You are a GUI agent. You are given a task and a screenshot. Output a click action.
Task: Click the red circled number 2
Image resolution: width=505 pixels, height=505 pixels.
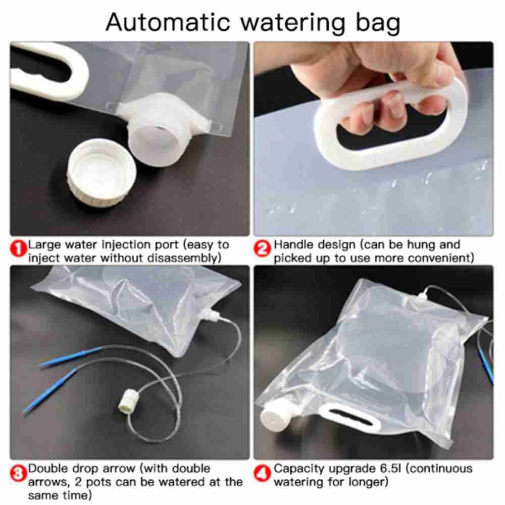tap(263, 248)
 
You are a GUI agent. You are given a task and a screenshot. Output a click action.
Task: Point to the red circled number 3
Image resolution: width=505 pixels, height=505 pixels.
tap(19, 474)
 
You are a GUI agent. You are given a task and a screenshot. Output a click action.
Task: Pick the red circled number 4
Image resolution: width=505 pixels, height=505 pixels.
tap(264, 473)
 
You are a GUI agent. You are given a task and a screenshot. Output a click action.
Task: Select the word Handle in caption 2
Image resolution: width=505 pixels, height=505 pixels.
tap(291, 245)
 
